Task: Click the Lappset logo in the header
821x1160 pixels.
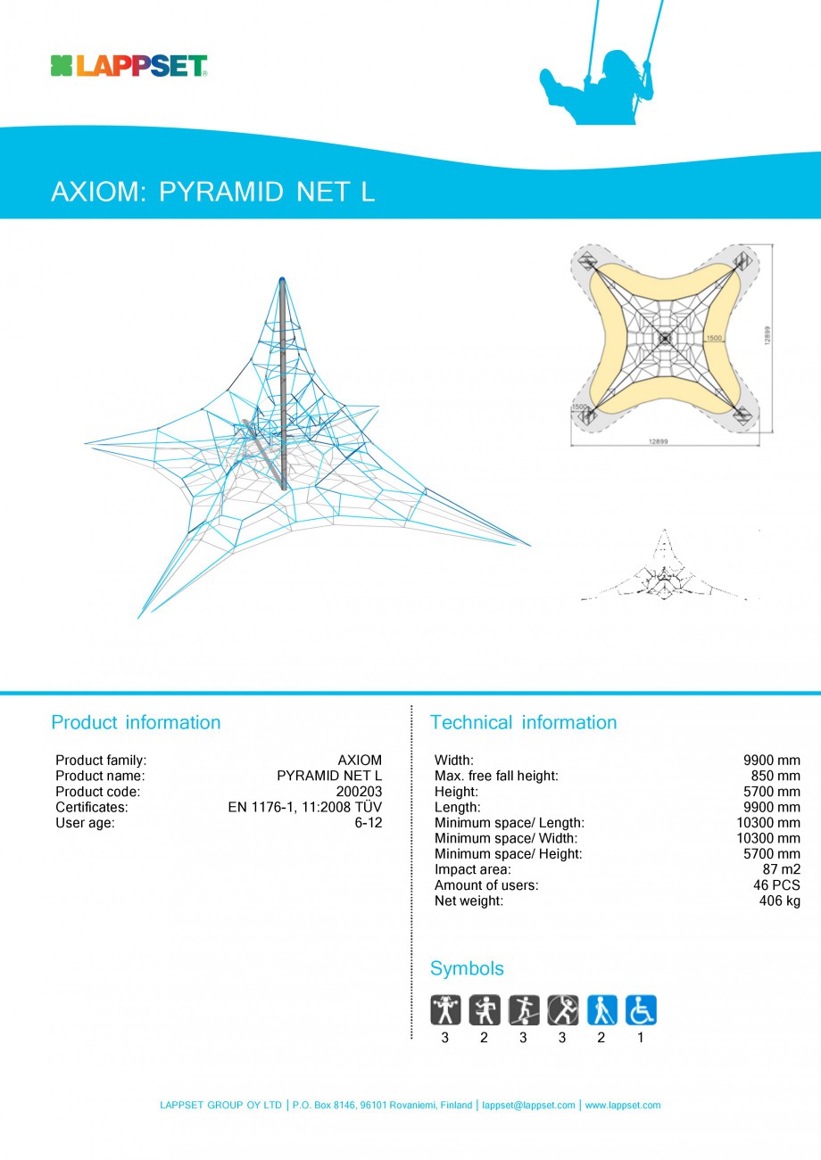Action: point(129,66)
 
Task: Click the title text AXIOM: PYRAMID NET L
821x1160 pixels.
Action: point(212,192)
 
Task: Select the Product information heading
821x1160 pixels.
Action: point(136,722)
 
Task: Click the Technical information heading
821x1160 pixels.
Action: point(523,722)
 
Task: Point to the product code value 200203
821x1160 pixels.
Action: point(359,792)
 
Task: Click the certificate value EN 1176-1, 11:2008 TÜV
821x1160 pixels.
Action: point(304,807)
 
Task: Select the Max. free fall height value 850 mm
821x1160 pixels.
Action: point(775,776)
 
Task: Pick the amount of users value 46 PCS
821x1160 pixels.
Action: point(776,885)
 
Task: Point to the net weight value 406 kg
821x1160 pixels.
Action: point(779,901)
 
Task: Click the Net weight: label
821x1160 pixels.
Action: point(469,901)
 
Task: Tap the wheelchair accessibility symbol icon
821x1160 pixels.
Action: point(641,1010)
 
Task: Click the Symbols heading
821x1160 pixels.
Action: point(467,968)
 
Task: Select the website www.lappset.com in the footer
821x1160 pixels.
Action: point(622,1106)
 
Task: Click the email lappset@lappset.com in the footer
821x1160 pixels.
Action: point(528,1106)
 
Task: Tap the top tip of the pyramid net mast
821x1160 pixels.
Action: point(282,280)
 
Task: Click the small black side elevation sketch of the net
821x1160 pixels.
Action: point(665,571)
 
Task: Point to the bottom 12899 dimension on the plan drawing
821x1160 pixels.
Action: point(659,441)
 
